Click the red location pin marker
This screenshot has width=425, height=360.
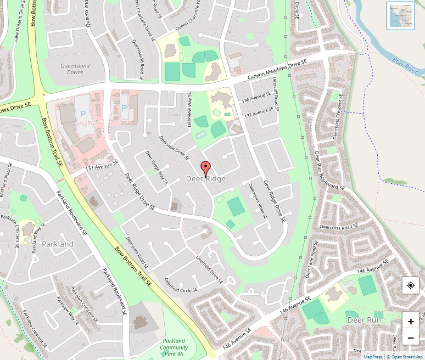click(206, 168)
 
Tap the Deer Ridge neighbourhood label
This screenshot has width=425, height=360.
click(206, 179)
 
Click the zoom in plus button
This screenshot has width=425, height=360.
click(411, 321)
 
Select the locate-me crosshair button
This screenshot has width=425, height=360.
click(411, 285)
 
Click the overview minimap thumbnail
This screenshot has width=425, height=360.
click(400, 15)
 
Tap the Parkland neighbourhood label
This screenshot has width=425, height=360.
click(58, 244)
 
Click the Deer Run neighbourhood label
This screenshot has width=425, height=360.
click(364, 319)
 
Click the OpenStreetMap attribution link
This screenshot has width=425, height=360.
click(406, 357)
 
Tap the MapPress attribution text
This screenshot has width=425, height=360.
click(372, 357)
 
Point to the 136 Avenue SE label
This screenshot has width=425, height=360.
click(256, 98)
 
